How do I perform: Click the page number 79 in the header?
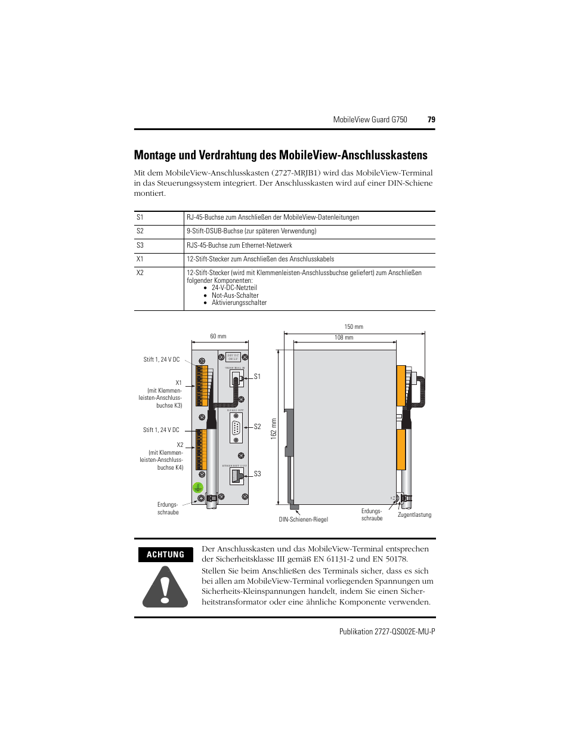click(x=431, y=119)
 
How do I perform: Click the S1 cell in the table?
click(x=140, y=217)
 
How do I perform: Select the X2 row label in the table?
click(x=140, y=273)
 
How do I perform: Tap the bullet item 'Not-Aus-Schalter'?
click(x=235, y=295)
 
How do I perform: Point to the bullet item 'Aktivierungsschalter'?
click(x=239, y=303)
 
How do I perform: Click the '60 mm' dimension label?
click(x=218, y=337)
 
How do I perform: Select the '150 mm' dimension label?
click(x=354, y=326)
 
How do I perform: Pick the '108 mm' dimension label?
click(x=344, y=338)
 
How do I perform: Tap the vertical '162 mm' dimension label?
click(x=274, y=428)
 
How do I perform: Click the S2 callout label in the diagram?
click(x=257, y=427)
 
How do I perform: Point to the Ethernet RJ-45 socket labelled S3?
click(x=237, y=476)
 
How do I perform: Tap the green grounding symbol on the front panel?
click(x=198, y=488)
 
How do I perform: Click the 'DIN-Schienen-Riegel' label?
click(x=303, y=519)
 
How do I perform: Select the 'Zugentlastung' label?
click(x=415, y=514)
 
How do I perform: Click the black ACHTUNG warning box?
click(x=165, y=554)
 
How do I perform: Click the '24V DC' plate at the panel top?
click(x=233, y=357)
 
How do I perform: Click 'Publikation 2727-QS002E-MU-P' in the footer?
click(x=387, y=631)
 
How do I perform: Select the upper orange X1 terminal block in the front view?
click(x=202, y=386)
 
